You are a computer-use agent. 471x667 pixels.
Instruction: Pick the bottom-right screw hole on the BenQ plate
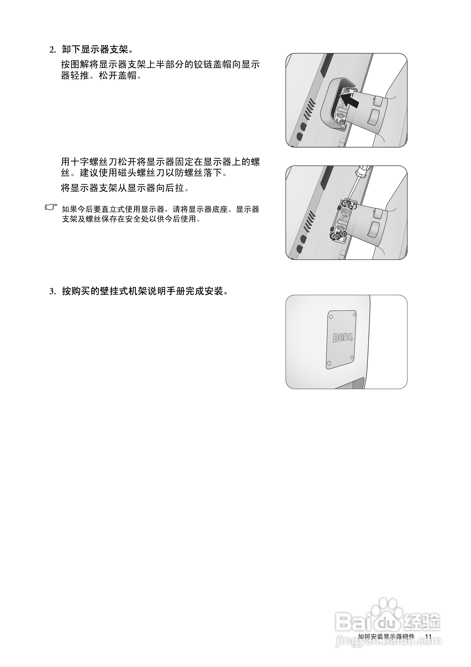coord(352,357)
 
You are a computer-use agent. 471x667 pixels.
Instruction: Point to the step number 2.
coord(52,50)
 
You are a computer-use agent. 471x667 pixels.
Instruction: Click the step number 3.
coord(52,291)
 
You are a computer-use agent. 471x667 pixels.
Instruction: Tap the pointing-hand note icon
coord(51,207)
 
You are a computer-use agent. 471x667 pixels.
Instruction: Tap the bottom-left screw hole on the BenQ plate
coord(329,363)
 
